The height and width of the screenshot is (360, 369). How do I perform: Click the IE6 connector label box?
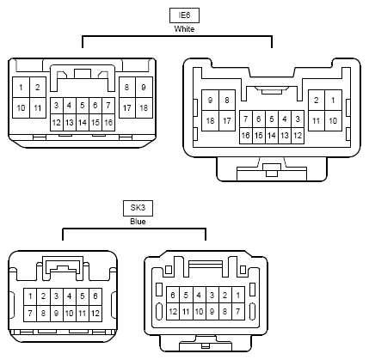click(184, 15)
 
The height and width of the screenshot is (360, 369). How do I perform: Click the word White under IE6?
click(184, 29)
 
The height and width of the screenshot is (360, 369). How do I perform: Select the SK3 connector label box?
click(138, 208)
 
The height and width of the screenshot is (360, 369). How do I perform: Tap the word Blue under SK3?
click(138, 222)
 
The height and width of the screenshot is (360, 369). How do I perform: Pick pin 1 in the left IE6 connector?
click(21, 87)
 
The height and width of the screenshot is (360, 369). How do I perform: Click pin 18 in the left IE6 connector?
click(144, 107)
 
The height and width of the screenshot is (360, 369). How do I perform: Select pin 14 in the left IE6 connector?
click(83, 123)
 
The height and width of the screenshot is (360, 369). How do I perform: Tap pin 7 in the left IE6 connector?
click(108, 106)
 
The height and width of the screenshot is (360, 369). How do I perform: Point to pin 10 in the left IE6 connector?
click(21, 107)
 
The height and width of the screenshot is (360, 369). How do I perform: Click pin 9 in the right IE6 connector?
click(210, 101)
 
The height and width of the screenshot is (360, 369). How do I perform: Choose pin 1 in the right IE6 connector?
click(333, 101)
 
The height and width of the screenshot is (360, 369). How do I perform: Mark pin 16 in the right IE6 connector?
click(246, 135)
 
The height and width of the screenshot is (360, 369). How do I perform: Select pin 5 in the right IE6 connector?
click(272, 119)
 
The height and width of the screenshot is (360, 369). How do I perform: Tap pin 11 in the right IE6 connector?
click(317, 121)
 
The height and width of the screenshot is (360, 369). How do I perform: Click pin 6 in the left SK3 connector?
click(95, 296)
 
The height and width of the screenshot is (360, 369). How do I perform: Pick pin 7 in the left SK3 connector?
click(30, 314)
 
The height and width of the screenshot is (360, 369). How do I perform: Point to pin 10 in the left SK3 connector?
click(70, 314)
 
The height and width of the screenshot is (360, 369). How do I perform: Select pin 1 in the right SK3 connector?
click(238, 295)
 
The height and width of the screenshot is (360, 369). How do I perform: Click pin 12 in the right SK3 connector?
click(173, 311)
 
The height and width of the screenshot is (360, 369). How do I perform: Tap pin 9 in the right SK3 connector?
click(212, 311)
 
